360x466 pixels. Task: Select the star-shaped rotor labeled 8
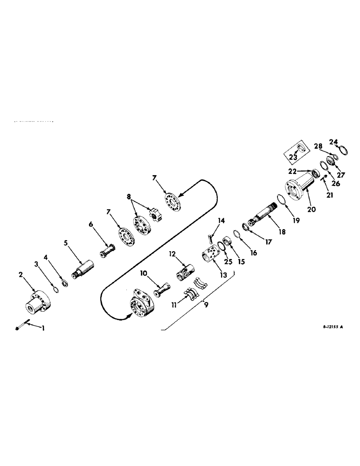(155, 215)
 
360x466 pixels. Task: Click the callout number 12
(172, 254)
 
